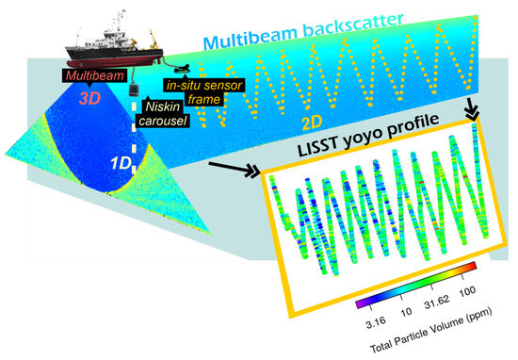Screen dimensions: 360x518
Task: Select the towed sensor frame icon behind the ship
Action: (x=185, y=67)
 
